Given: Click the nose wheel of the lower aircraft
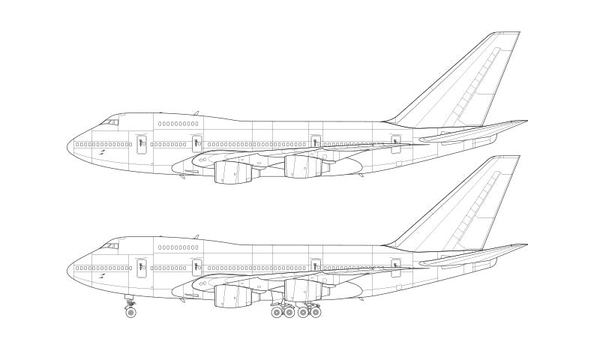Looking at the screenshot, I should coord(130,312).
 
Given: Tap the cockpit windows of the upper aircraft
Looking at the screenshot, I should coord(111,121).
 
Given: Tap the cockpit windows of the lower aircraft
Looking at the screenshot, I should coord(111,245).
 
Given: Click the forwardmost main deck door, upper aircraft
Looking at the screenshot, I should coord(141,143).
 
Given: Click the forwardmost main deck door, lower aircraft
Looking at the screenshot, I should coord(141,267).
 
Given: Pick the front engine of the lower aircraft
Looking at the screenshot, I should coord(228,296).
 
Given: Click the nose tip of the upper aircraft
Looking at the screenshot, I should coord(68,147).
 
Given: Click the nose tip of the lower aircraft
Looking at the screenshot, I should coord(68,271).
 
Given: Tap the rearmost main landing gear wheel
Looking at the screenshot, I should coord(316,312).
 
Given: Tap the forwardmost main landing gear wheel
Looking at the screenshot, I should coord(277,312).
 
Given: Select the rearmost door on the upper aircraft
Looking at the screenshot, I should coord(395,142).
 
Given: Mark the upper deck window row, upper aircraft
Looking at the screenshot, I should coord(178,124).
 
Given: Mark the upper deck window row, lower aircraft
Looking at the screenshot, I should coord(178,247).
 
